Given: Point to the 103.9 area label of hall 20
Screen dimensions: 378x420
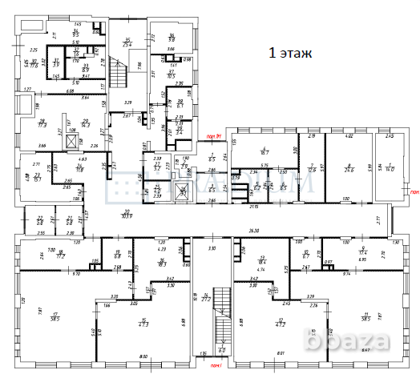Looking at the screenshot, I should [125, 215].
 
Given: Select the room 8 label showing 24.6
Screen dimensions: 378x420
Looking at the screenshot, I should [348, 168].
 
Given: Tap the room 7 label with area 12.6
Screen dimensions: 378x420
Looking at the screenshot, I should [310, 168].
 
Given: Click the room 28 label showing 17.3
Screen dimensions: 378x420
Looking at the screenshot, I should [42, 124].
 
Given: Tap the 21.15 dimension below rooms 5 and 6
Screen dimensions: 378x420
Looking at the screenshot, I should [253, 206].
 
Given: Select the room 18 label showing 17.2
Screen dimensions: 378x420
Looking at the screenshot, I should [60, 253].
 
